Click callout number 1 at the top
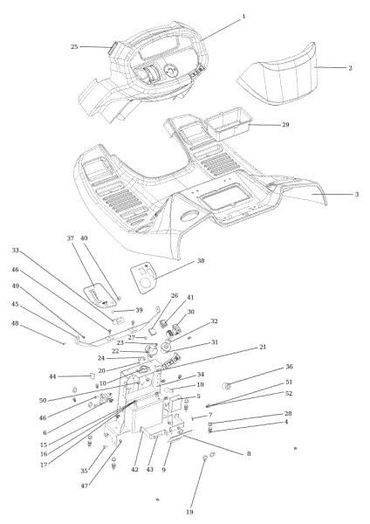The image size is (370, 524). (x=243, y=16)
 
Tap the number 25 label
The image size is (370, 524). (x=74, y=46)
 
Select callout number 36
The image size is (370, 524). (x=289, y=367)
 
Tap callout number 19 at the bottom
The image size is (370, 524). (x=189, y=512)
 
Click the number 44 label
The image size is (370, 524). (x=51, y=376)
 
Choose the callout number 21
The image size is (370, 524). (x=261, y=347)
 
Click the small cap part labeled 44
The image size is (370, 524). (x=90, y=377)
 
